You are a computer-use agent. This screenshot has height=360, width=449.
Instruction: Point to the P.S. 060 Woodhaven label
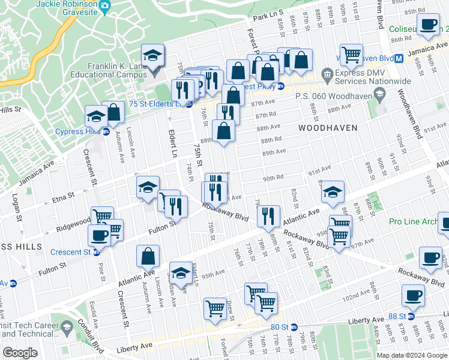click(333, 94)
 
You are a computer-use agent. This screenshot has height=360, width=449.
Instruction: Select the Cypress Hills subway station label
click(78, 132)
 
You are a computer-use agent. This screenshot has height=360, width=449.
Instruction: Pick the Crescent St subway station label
click(71, 252)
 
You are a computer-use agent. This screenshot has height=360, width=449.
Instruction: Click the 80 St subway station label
click(280, 327)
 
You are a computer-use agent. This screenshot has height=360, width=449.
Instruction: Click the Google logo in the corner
click(20, 353)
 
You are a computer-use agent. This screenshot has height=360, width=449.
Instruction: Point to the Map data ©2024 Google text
click(412, 355)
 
